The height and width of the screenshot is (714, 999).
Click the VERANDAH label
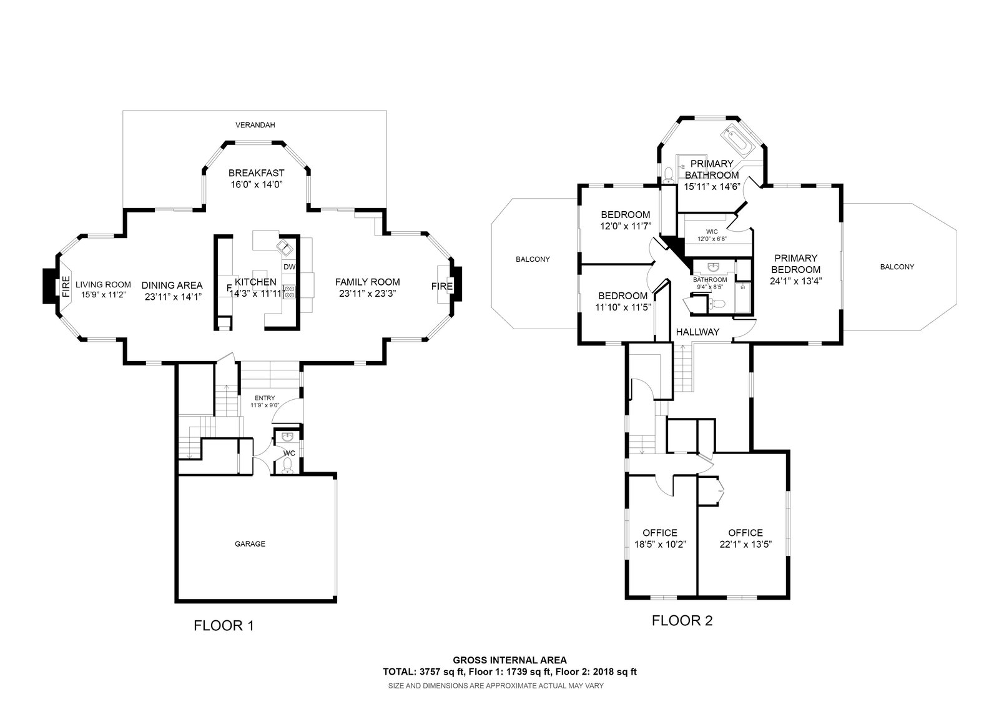pos(255,125)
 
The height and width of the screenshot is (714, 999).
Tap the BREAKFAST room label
pos(256,173)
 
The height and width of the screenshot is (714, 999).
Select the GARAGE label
pos(250,543)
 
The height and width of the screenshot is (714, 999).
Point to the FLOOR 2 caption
pos(682,620)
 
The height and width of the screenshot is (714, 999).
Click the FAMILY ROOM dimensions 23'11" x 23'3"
pos(367,293)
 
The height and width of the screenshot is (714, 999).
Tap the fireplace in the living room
pos(66,287)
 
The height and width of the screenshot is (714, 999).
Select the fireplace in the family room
pos(442,286)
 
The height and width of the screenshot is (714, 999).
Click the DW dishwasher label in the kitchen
pos(289,267)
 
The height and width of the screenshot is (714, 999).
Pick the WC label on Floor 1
pos(289,453)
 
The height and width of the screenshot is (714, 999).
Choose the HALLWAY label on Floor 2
pos(697,332)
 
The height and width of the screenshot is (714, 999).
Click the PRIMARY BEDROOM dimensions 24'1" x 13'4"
pos(795,280)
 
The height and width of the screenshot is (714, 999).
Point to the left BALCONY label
pos(533,259)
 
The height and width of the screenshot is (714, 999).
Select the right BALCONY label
pos(897,267)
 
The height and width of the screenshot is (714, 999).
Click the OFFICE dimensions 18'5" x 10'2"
pos(660,544)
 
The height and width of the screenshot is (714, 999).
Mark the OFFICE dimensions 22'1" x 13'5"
pos(746,544)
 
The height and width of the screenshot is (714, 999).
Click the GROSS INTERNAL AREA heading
pos(509,660)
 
